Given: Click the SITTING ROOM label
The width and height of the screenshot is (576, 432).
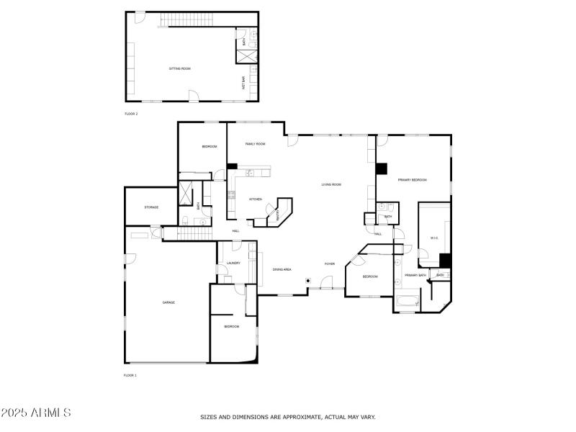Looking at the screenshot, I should [180, 68].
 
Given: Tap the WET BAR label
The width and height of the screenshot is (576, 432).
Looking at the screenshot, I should [243, 84].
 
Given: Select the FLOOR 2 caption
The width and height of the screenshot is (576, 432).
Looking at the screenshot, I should [131, 114].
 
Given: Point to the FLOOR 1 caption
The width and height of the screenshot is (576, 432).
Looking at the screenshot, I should [131, 375].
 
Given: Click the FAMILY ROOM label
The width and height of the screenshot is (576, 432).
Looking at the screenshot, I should [256, 144].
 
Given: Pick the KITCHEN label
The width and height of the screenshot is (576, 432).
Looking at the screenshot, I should [256, 199].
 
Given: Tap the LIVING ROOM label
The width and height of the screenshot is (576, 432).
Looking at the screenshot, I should [331, 185].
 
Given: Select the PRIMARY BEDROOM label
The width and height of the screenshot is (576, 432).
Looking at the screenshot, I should [413, 180].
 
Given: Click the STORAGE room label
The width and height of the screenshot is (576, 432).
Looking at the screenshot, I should [151, 207].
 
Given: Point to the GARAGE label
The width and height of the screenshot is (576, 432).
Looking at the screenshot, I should [168, 302].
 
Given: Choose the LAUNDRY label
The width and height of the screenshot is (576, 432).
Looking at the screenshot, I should [233, 264].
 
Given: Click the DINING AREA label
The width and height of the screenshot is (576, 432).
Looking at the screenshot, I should [282, 269].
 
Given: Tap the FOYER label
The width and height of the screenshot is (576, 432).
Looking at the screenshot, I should [329, 264].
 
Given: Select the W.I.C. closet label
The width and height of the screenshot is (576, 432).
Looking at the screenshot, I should [434, 238].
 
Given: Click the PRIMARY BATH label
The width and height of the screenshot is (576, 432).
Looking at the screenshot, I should [415, 275].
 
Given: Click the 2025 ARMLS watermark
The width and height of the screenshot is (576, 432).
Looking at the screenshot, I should [36, 413].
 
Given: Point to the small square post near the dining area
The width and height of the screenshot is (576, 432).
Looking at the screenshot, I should [308, 280].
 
